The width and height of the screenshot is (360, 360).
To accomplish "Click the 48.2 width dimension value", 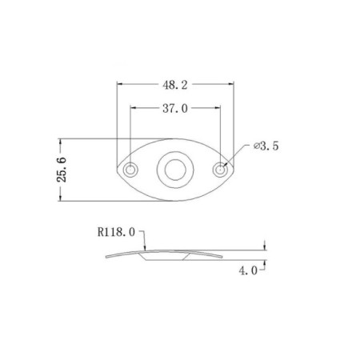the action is click(175, 85).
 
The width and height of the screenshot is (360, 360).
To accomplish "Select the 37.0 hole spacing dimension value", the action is click(175, 109).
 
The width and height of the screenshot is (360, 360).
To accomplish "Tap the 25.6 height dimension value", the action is click(62, 170).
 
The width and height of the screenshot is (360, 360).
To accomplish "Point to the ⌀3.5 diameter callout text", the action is click(266, 146).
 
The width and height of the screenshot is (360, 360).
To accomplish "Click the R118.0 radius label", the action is click(116, 232).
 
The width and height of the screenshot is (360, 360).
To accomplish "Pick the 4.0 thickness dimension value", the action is click(248, 271).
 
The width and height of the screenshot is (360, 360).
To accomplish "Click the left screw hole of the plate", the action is click(130, 170).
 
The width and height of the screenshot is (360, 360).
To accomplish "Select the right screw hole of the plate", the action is click(220, 170).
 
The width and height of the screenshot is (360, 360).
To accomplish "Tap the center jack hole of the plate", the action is click(175, 170).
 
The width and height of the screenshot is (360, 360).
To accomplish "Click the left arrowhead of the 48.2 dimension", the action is click(120, 84).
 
